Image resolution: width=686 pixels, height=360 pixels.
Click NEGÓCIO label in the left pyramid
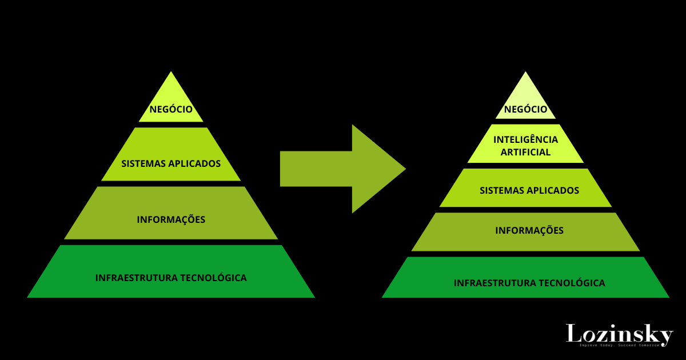click(x=171, y=109)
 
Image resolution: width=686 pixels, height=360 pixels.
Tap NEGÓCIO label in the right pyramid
click(x=525, y=109)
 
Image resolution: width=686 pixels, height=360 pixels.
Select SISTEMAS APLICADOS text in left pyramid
click(x=171, y=163)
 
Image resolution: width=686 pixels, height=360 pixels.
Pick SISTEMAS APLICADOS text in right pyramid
click(x=529, y=190)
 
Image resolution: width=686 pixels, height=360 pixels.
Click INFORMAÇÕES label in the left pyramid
click(x=171, y=219)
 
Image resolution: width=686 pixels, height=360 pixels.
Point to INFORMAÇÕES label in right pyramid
click(x=529, y=230)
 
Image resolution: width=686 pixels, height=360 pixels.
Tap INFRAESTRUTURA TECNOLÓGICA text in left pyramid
click(x=171, y=278)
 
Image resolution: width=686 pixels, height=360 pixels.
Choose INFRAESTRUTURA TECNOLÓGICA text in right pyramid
click(x=529, y=283)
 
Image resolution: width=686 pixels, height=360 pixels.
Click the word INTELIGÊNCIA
click(x=525, y=139)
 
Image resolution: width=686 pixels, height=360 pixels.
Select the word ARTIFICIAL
click(x=525, y=152)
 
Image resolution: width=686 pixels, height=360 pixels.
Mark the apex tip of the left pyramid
click(x=171, y=73)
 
